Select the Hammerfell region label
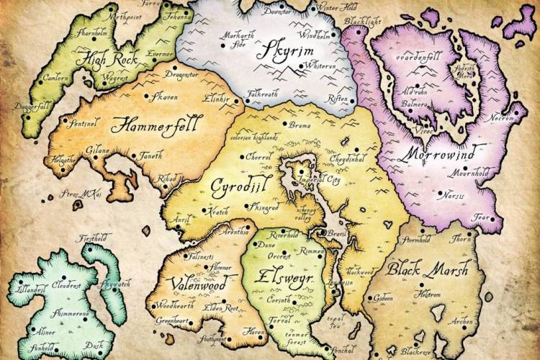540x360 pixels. tap(158, 124)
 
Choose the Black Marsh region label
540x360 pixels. tap(428, 270)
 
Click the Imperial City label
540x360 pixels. tap(322, 179)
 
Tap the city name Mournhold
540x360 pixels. tap(464, 173)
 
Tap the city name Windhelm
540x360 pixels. tap(318, 35)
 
